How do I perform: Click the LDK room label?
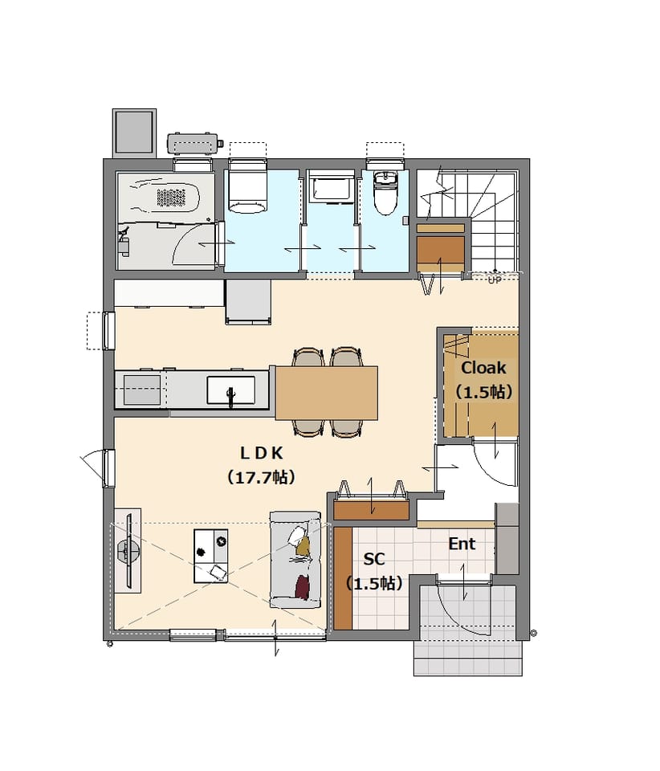tap(262, 453)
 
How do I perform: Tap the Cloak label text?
tap(483, 368)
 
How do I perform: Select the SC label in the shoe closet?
tap(374, 559)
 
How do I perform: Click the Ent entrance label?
tap(462, 544)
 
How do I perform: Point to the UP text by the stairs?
tap(495, 280)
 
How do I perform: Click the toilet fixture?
tap(385, 193)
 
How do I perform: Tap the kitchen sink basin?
tap(230, 390)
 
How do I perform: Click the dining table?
tap(326, 393)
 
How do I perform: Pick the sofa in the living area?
tap(295, 560)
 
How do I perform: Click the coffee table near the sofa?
tap(211, 556)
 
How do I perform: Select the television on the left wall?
tap(128, 551)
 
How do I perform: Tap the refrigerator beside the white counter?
tap(248, 302)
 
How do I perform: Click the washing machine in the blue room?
tap(247, 189)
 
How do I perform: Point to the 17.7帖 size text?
tap(262, 477)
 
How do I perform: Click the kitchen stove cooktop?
tap(142, 390)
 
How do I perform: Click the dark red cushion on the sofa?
tap(302, 587)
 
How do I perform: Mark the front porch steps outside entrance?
tap(468, 658)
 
